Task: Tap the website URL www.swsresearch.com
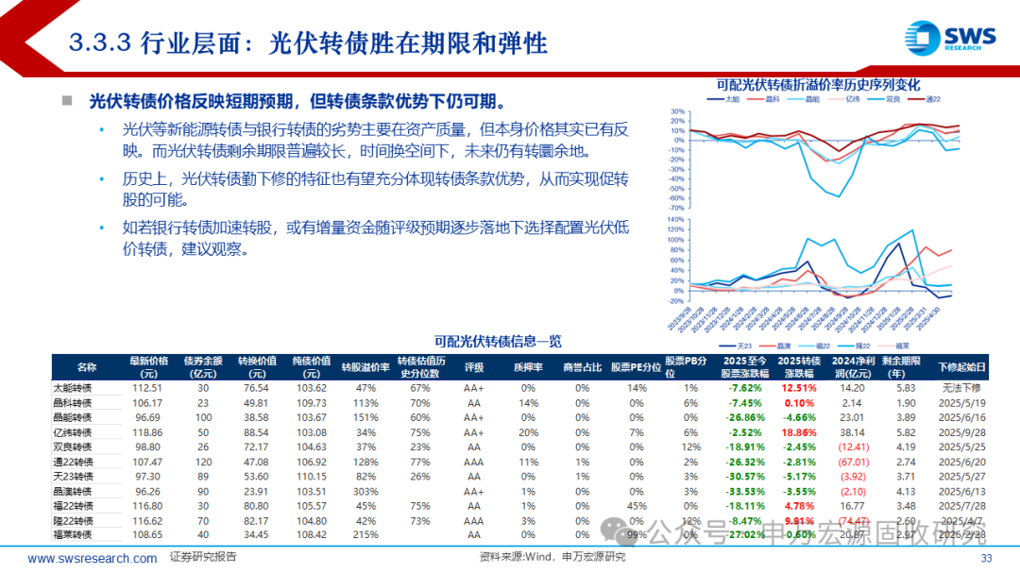93,558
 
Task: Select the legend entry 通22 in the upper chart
936,98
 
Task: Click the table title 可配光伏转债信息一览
498,341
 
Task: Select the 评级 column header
474,366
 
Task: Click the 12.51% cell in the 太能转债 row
799,388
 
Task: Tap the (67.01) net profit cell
852,462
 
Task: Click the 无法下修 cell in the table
962,388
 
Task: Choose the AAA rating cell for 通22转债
474,462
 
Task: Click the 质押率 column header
527,366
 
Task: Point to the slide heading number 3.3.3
101,43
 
